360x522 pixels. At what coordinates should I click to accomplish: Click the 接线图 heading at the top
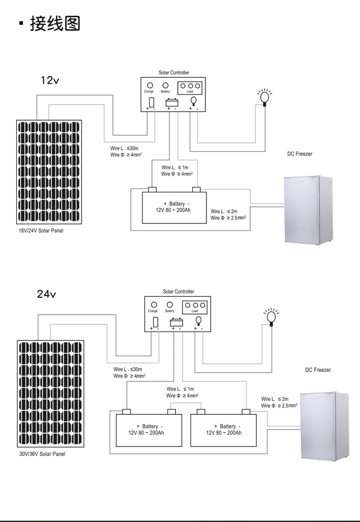click(x=55, y=23)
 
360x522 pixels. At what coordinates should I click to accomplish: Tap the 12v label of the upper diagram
click(x=50, y=81)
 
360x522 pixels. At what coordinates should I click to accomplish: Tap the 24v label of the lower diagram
click(x=46, y=294)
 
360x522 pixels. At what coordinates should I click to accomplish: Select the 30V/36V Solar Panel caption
click(x=42, y=454)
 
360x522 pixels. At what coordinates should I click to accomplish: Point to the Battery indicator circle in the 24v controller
click(x=170, y=305)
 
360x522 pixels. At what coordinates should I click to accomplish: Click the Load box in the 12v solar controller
click(x=190, y=87)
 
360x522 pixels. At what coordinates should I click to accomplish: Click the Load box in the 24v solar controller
click(x=195, y=307)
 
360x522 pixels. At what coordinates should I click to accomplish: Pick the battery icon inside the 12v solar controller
click(x=172, y=102)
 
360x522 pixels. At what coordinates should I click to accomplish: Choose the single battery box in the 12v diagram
click(x=175, y=208)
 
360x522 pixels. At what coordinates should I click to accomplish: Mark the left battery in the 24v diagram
click(x=149, y=430)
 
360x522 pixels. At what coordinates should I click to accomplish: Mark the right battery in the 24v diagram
click(x=224, y=430)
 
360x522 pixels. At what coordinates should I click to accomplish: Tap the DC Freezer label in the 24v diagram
click(x=318, y=370)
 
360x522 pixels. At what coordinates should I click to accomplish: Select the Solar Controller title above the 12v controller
click(x=174, y=73)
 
